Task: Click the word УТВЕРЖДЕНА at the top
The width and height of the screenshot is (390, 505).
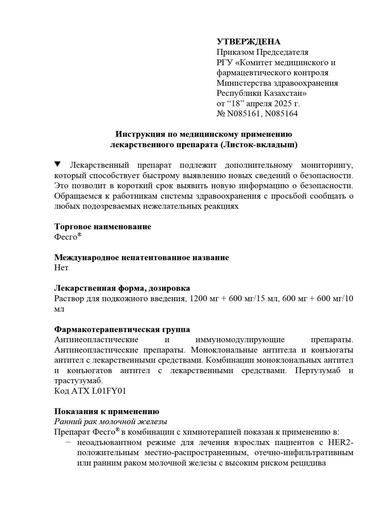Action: coord(249,42)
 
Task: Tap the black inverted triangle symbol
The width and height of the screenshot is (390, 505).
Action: coord(58,164)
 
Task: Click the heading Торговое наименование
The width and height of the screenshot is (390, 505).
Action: coord(102,226)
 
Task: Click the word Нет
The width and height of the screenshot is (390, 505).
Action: coord(61,267)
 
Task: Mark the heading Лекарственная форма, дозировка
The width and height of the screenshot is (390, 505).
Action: coord(122,288)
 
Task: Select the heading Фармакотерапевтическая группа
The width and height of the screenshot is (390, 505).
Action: coord(122,329)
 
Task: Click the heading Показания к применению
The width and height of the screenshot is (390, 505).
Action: coord(106,411)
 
